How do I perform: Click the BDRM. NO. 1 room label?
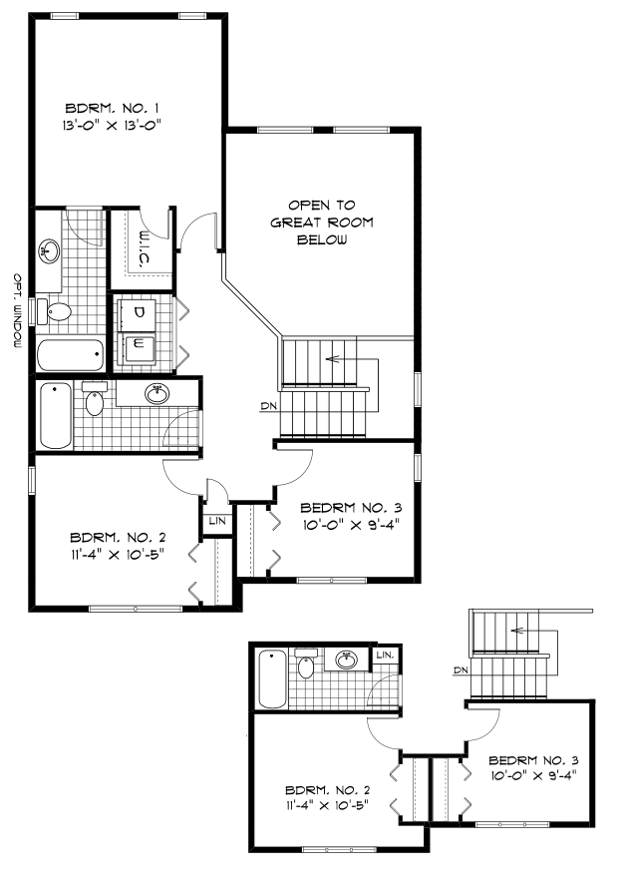[113, 108]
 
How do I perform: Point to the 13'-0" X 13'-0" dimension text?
[113, 126]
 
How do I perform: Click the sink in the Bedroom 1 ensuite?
[51, 248]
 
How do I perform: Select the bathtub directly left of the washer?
[69, 354]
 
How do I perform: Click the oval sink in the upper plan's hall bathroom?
[156, 394]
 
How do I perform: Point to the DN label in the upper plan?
[267, 406]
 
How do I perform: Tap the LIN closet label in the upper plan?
[216, 521]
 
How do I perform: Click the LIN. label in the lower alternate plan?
[385, 656]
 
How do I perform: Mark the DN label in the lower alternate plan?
[461, 669]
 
